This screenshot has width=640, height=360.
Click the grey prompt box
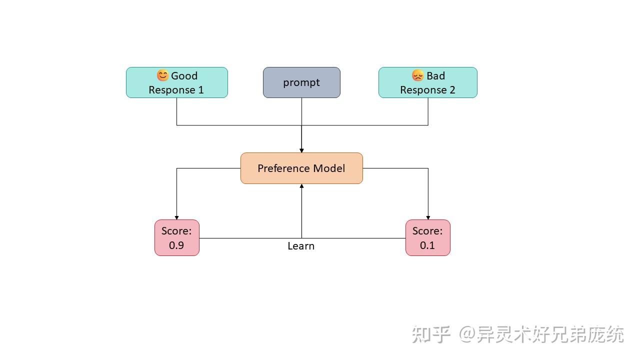301,82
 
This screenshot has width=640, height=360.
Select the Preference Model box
301,168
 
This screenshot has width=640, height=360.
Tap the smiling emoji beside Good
162,75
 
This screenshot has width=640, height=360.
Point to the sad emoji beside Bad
417,75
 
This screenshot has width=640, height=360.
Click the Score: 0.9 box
177,238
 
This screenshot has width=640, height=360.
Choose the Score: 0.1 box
428,238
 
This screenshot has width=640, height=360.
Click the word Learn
301,246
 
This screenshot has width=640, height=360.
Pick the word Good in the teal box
184,76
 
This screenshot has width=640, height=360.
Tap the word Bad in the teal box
435,76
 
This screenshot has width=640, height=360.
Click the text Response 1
176,90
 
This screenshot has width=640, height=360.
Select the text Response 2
428,90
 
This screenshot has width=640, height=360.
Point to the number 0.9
176,245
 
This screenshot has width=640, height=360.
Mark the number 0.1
427,245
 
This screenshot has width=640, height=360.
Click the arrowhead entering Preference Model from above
301,150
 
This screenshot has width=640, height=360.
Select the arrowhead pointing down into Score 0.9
177,217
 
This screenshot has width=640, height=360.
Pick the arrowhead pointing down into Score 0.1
428,217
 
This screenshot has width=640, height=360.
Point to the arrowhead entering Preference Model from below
301,186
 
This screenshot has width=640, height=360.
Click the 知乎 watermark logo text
431,334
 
